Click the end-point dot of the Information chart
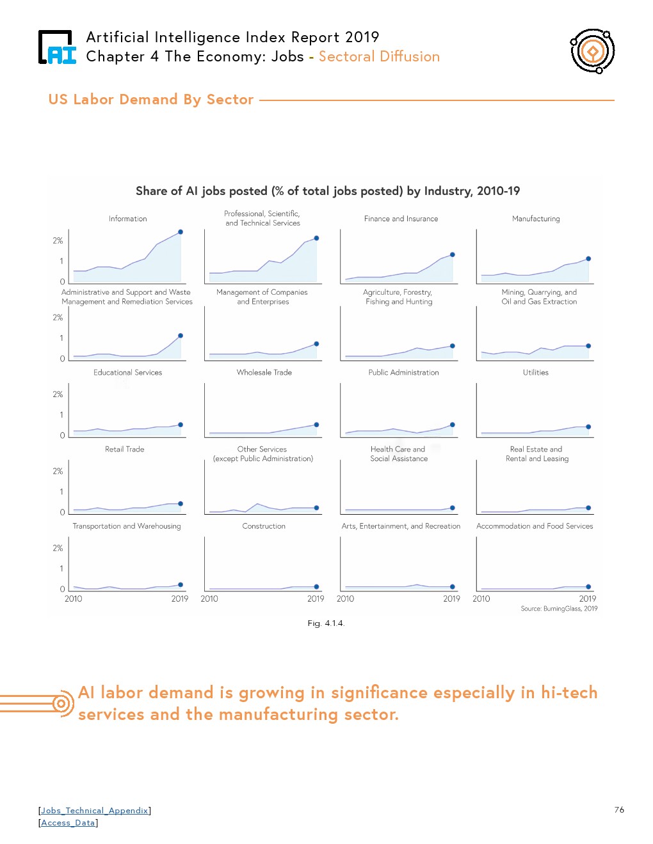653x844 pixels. point(181,232)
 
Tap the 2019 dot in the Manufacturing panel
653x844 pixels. point(588,259)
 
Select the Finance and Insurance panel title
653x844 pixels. point(401,219)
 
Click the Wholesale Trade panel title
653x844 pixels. point(264,372)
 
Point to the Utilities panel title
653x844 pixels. point(535,372)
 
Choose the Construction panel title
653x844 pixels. point(264,526)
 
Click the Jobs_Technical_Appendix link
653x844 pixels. point(95,811)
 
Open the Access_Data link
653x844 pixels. point(68,823)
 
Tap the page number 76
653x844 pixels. point(619,810)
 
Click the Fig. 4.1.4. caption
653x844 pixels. point(326,623)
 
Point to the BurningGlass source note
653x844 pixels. point(559,609)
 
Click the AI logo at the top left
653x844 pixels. point(58,48)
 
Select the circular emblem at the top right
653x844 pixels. point(593,51)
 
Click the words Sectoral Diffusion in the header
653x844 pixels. point(379,57)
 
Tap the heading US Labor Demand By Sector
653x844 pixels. point(151,100)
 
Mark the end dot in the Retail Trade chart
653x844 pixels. point(181,504)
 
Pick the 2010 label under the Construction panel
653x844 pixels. point(209,599)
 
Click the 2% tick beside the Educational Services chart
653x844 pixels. point(58,395)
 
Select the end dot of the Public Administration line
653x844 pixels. point(453,425)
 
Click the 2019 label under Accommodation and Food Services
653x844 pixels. point(587,599)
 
